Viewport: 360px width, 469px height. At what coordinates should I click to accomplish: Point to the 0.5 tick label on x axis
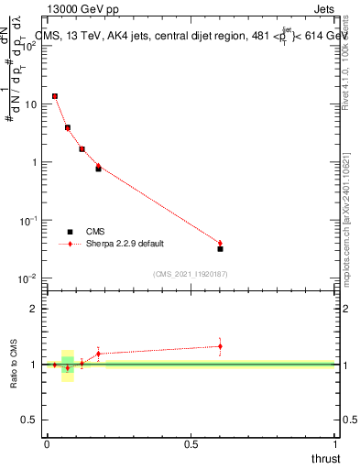(x=191, y=445)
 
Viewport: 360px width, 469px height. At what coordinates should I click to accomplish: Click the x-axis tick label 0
(x=47, y=445)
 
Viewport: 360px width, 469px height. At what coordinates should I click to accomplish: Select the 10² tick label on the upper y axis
(x=28, y=46)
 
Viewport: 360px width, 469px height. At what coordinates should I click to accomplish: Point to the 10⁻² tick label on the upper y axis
(x=28, y=278)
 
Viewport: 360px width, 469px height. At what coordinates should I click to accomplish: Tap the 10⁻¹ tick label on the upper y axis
(x=28, y=221)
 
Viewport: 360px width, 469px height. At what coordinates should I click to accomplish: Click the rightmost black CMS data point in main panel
(x=220, y=248)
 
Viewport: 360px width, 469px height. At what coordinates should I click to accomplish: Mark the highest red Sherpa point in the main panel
(x=55, y=95)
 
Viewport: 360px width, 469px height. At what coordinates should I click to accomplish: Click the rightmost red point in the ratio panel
(x=220, y=346)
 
